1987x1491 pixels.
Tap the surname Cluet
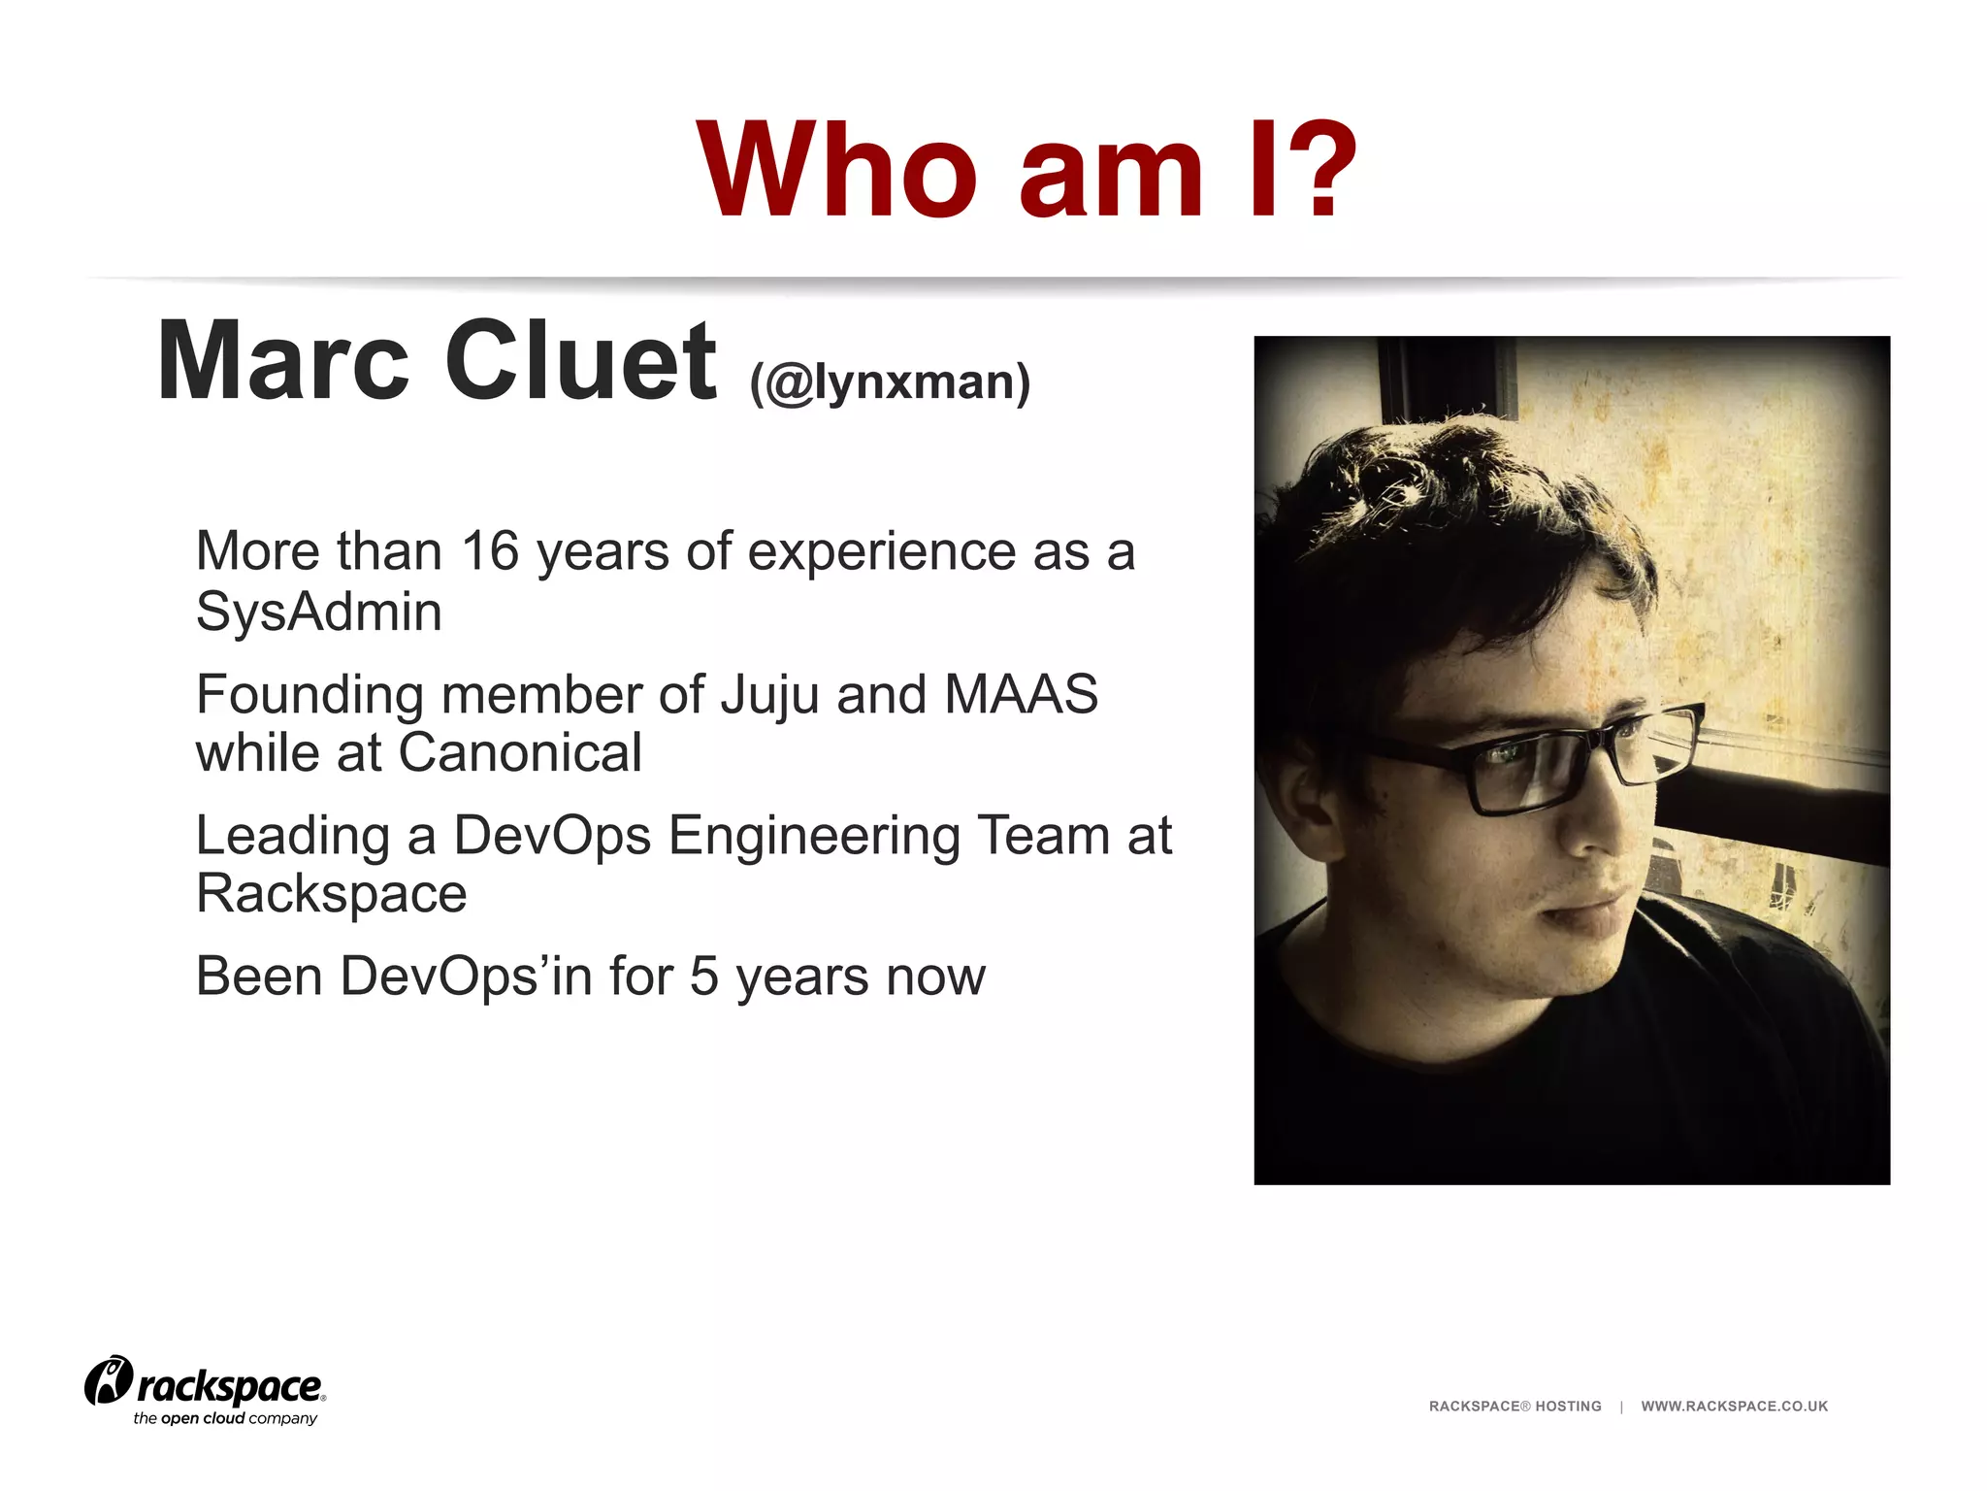(580, 361)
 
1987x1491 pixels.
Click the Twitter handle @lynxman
(889, 381)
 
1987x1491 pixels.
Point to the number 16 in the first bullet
(490, 551)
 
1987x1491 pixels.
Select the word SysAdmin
(319, 613)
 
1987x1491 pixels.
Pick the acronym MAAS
(1021, 695)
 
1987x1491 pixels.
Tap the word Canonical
(520, 753)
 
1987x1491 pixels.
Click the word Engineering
(813, 837)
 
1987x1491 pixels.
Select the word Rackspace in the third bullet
(331, 894)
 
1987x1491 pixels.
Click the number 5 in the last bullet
(704, 977)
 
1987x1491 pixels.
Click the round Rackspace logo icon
(109, 1380)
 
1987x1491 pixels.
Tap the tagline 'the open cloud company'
(225, 1419)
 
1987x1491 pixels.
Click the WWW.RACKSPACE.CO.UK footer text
(1734, 1407)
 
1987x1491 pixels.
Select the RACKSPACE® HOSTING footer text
(1515, 1407)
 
